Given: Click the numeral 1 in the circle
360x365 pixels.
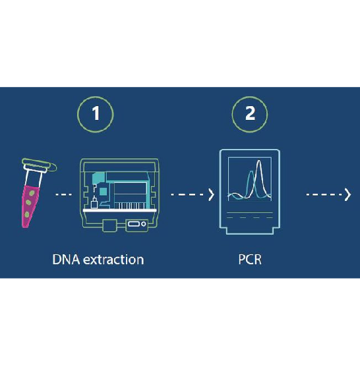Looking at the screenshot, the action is click(x=96, y=113).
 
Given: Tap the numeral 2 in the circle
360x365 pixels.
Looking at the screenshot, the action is click(x=250, y=113).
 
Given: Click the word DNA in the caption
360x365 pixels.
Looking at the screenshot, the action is click(x=67, y=260).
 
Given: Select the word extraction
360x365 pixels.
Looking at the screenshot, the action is click(x=113, y=260).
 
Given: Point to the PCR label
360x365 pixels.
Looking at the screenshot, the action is click(x=250, y=260).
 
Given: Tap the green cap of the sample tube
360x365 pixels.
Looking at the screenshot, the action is click(x=39, y=165).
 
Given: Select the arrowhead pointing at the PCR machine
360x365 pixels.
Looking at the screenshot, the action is click(x=211, y=194).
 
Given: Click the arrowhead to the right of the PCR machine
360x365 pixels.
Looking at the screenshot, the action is click(x=347, y=194).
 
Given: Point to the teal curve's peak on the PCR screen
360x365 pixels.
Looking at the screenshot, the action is click(x=251, y=172).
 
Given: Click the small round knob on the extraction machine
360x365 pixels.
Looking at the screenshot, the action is click(x=144, y=224).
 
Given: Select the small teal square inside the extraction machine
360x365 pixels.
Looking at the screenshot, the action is click(x=103, y=192).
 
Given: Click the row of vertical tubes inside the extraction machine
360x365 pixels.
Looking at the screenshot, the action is click(x=129, y=206).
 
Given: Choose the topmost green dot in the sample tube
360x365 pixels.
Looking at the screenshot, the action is click(x=32, y=193).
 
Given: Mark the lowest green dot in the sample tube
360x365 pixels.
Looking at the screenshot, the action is click(x=27, y=214).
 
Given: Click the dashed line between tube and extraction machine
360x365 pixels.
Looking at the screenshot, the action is click(x=63, y=194).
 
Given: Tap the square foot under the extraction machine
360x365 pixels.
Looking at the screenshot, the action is click(x=109, y=225).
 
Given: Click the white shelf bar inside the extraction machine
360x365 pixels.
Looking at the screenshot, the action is click(x=120, y=210).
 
